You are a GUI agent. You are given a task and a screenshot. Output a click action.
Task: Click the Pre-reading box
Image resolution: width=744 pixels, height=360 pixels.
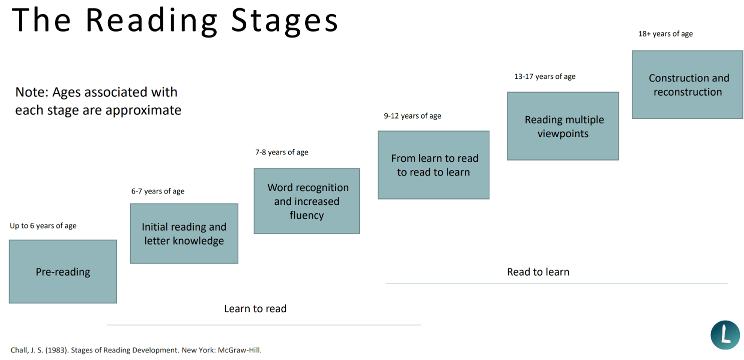tap(63, 271)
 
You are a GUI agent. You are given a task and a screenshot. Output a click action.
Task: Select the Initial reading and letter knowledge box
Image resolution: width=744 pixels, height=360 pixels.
tap(184, 233)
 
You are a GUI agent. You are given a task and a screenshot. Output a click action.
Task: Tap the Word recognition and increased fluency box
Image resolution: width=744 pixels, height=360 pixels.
tap(306, 201)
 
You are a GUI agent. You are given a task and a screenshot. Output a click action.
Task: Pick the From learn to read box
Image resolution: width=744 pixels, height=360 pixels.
tap(433, 165)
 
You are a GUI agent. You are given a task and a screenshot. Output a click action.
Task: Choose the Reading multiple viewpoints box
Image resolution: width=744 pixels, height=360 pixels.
tap(563, 126)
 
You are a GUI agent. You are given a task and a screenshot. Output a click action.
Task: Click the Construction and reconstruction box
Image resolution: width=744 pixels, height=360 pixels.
tap(687, 84)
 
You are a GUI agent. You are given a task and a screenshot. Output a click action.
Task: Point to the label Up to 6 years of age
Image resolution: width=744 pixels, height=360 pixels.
tap(43, 226)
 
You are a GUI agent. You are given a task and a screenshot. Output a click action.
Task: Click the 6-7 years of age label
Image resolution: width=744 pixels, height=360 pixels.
tap(158, 191)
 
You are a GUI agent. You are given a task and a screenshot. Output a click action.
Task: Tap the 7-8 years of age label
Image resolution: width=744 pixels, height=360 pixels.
tap(282, 152)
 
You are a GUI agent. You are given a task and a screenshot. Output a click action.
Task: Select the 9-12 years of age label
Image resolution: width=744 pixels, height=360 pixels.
tap(412, 116)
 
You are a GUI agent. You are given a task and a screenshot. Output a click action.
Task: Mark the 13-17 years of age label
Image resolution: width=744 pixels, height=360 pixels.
tap(545, 77)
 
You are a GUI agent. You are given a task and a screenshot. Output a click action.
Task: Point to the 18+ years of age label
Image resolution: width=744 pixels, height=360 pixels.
tap(665, 34)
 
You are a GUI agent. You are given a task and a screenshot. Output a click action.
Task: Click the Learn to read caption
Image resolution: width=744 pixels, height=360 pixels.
tap(255, 309)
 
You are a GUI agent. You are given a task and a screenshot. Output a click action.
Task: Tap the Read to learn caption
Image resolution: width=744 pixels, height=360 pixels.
tap(538, 272)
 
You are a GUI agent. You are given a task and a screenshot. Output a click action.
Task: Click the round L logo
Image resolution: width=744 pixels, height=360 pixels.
tap(725, 335)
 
